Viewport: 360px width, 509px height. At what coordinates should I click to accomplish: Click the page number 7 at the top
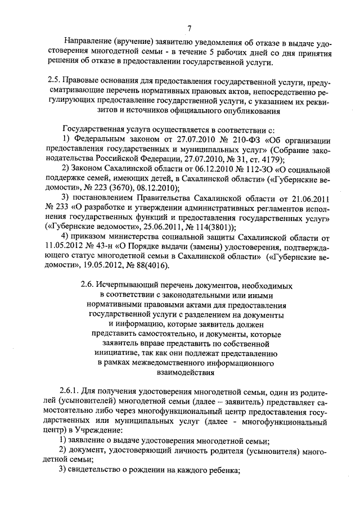tap(189, 28)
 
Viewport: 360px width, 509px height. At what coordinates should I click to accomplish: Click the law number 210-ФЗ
tap(231, 138)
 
